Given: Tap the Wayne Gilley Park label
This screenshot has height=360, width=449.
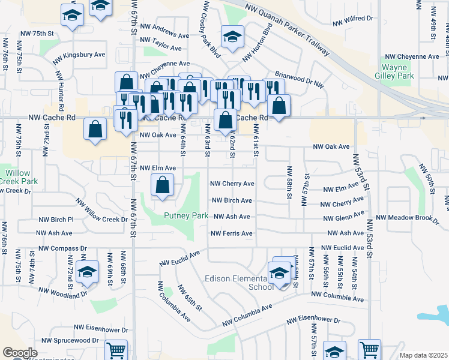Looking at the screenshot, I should pos(397,72).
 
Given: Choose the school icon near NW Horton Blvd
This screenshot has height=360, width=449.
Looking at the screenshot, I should pos(232,37).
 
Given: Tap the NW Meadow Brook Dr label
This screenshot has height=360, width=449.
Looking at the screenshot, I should pos(408,218).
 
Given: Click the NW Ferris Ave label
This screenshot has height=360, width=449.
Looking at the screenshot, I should pos(231,233).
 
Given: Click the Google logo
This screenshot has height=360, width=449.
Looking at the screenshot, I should pos(20,353).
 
